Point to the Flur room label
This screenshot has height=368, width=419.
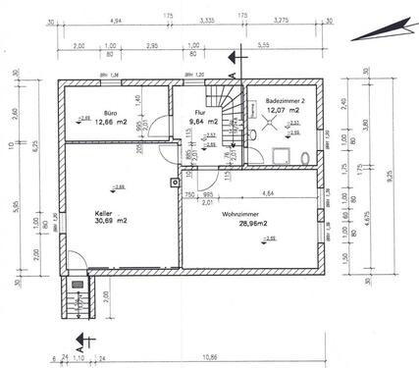point(200,113)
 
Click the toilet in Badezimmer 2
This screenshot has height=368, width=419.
point(305,157)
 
